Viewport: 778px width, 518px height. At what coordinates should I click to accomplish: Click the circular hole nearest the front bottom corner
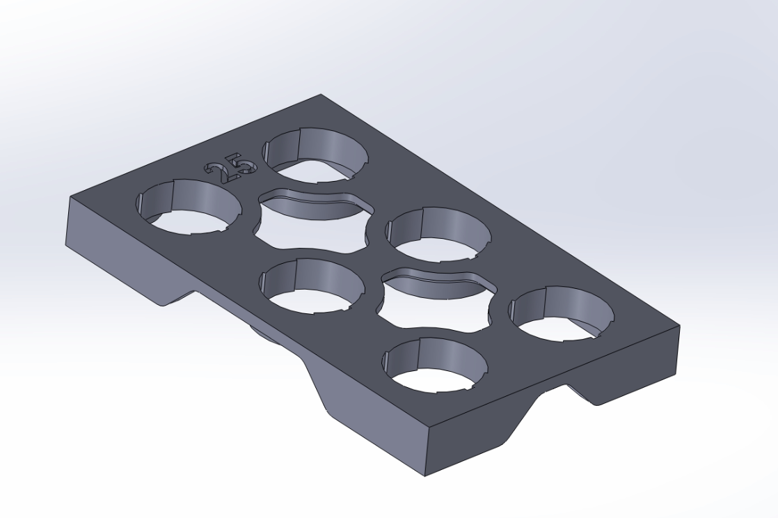(436, 365)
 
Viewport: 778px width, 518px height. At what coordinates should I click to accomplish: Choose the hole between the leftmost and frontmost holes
(312, 285)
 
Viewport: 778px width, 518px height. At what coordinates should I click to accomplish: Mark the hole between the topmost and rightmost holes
(438, 234)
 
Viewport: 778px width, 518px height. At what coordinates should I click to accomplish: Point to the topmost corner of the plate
(321, 95)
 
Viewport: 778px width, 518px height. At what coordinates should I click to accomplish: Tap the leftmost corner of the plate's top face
(70, 197)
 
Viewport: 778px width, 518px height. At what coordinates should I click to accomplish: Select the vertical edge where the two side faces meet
(425, 453)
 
